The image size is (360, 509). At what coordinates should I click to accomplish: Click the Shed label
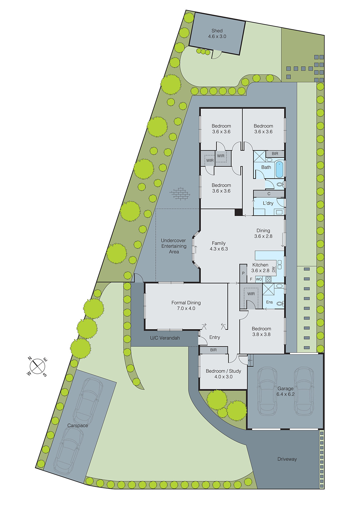217,33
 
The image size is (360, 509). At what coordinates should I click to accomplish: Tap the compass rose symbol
37,366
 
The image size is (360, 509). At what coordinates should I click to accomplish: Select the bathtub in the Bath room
279,170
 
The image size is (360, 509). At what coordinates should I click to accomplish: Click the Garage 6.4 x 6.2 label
285,391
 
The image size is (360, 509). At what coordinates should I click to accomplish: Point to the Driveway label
287,459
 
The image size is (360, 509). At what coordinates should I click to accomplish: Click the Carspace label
77,426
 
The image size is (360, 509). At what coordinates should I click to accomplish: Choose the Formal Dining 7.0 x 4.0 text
186,305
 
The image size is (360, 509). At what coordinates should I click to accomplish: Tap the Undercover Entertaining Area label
173,246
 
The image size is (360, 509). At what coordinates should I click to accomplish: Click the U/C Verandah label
165,338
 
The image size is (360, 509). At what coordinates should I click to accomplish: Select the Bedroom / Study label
223,374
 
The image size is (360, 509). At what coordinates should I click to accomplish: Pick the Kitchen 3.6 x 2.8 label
260,268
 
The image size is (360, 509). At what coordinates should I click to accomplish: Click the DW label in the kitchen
273,269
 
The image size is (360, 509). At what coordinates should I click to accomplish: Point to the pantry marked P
243,273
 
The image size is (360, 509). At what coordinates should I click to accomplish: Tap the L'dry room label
268,203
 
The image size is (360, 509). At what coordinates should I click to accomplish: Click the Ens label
269,302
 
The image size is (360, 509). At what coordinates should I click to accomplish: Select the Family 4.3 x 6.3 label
219,246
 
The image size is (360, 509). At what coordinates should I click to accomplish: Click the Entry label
215,337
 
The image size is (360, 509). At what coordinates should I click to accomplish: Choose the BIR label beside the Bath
275,154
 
